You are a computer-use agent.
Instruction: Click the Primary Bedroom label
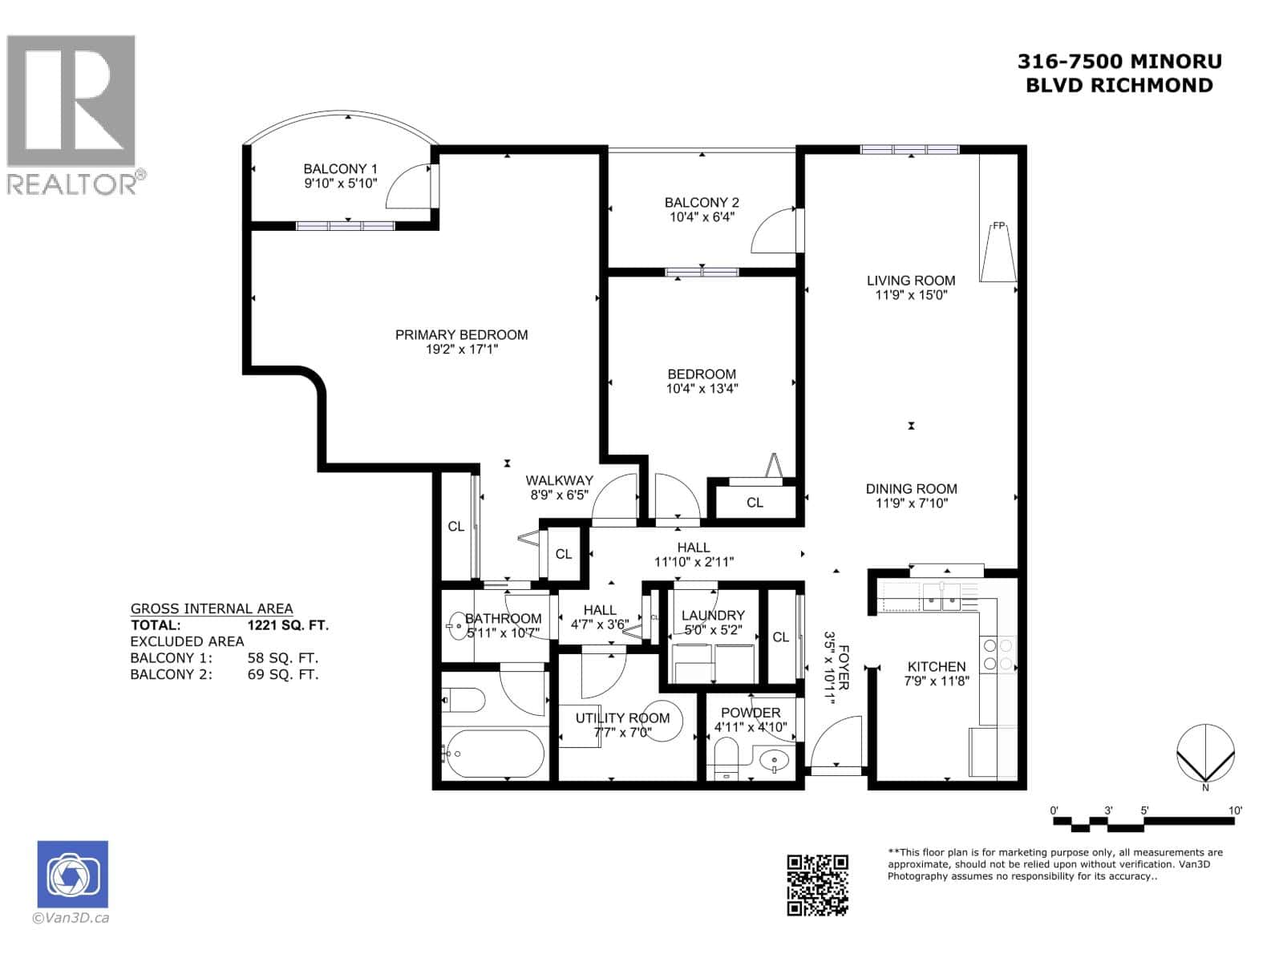[461, 335]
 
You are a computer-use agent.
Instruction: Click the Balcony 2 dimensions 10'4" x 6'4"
[702, 217]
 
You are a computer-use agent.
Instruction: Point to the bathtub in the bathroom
[494, 754]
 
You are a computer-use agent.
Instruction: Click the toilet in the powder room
[726, 757]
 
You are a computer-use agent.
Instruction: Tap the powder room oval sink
[774, 759]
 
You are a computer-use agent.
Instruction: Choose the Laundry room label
[713, 616]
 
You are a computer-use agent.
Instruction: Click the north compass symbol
[1205, 754]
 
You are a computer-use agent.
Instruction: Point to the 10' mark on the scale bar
[1235, 811]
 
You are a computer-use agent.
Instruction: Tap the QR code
[817, 885]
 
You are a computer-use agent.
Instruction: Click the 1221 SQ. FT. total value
[288, 625]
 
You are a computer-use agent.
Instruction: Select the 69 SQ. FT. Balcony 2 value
[283, 674]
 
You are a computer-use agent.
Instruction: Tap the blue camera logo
[72, 875]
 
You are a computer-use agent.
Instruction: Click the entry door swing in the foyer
[834, 742]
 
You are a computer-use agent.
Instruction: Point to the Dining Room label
[911, 489]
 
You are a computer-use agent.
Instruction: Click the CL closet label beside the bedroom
[755, 503]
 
